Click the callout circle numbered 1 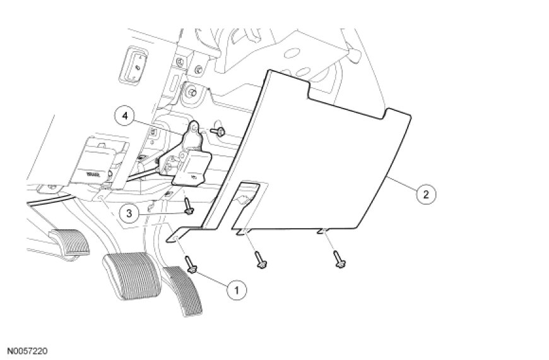click(x=236, y=290)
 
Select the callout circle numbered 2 click(x=426, y=194)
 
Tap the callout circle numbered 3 click(x=129, y=213)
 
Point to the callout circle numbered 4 click(x=125, y=116)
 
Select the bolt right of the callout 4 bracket click(x=220, y=131)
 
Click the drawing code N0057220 click(x=28, y=349)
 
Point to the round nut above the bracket click(x=187, y=92)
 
